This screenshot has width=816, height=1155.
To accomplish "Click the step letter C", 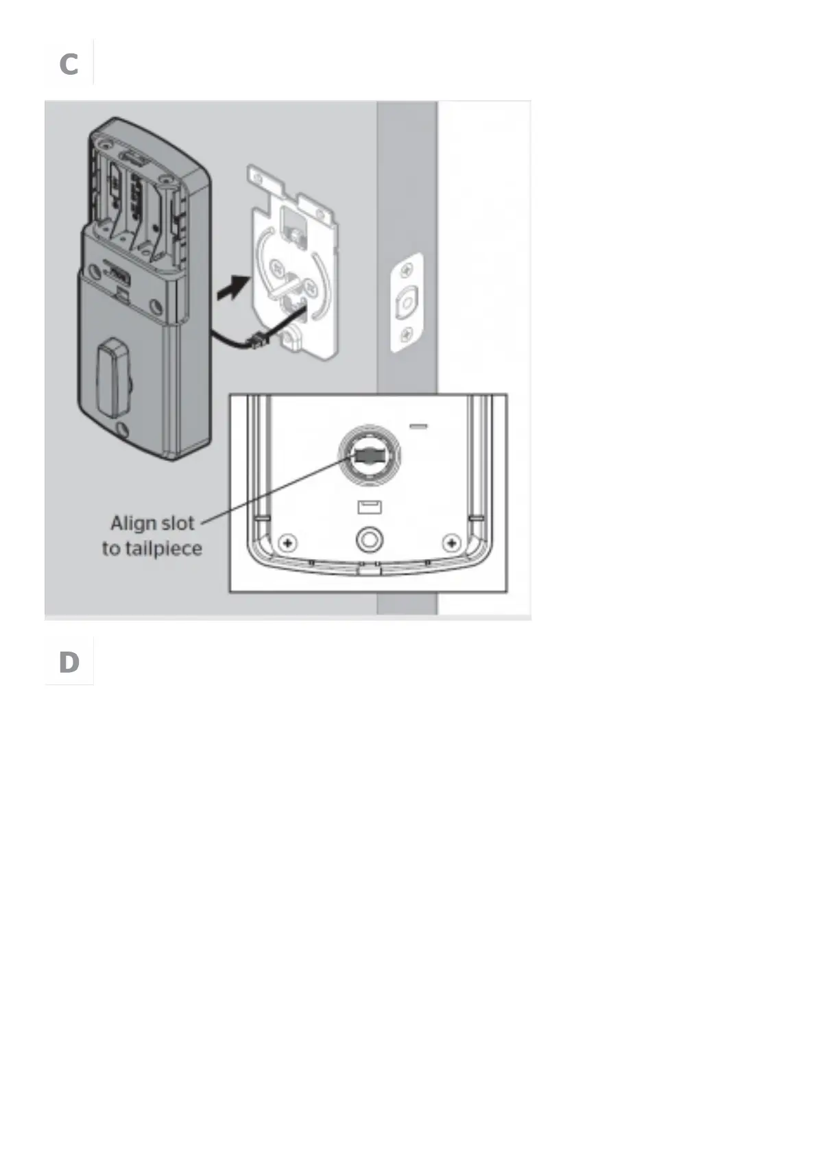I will (x=69, y=64).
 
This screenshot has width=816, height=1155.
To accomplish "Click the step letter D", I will (x=69, y=663).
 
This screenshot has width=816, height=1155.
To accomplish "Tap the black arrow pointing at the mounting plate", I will (x=232, y=287).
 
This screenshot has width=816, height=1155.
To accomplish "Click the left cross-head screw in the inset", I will (x=289, y=544).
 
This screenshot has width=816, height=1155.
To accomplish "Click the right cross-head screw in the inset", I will (x=451, y=544).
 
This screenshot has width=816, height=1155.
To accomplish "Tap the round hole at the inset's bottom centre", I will (x=370, y=540).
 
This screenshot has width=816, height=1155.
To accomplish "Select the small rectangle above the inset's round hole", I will (x=369, y=508).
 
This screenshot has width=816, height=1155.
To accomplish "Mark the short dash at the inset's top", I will (x=418, y=426).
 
